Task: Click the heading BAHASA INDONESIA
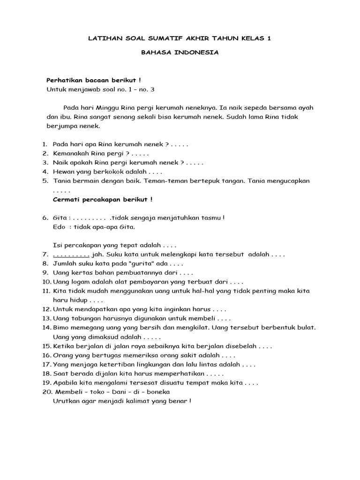pyautogui.click(x=180, y=53)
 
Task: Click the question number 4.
pyautogui.click(x=45, y=172)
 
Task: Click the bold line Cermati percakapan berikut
pyautogui.click(x=103, y=200)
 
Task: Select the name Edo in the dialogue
pyautogui.click(x=59, y=227)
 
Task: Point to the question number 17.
pyautogui.click(x=47, y=364)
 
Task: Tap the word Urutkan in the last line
pyautogui.click(x=67, y=401)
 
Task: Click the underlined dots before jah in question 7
pyautogui.click(x=71, y=255)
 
